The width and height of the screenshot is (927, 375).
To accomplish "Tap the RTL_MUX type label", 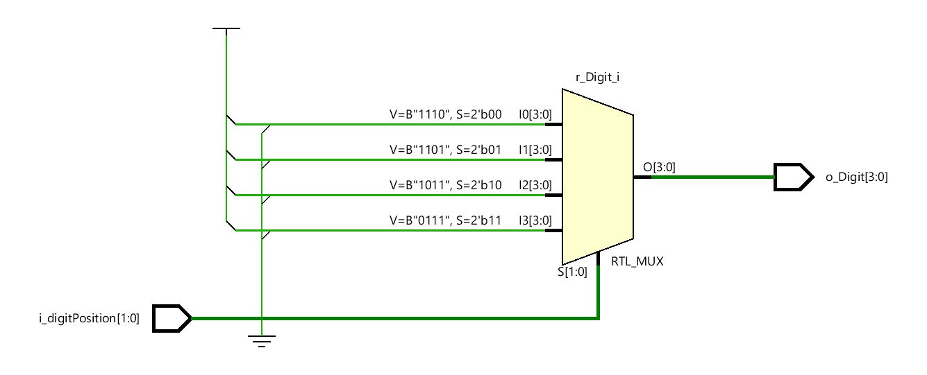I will pyautogui.click(x=637, y=262).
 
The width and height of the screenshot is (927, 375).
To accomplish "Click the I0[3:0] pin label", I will pyautogui.click(x=535, y=114).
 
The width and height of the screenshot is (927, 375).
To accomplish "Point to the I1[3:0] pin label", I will pyautogui.click(x=535, y=149).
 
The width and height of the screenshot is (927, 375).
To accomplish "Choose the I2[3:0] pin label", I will pyautogui.click(x=535, y=184).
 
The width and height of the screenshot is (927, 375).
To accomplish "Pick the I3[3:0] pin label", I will pyautogui.click(x=535, y=220).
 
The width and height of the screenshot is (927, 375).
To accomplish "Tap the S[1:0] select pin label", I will pyautogui.click(x=573, y=272).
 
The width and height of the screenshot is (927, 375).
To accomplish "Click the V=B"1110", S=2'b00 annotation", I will pyautogui.click(x=444, y=114).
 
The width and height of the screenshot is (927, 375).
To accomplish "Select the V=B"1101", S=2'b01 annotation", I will pyautogui.click(x=444, y=149).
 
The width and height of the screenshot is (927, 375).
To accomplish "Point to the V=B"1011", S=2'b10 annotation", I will pyautogui.click(x=444, y=184).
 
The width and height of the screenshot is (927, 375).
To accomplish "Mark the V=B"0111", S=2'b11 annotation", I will pyautogui.click(x=444, y=220).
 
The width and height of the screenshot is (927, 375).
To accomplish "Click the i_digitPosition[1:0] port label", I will pyautogui.click(x=89, y=319).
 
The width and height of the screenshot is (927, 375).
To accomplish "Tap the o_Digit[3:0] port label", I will pyautogui.click(x=856, y=177).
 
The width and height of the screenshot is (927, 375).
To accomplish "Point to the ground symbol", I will pyautogui.click(x=261, y=341).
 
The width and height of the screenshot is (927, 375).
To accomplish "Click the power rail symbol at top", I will pyautogui.click(x=226, y=29).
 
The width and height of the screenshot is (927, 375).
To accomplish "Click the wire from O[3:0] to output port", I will pyautogui.click(x=712, y=177).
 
